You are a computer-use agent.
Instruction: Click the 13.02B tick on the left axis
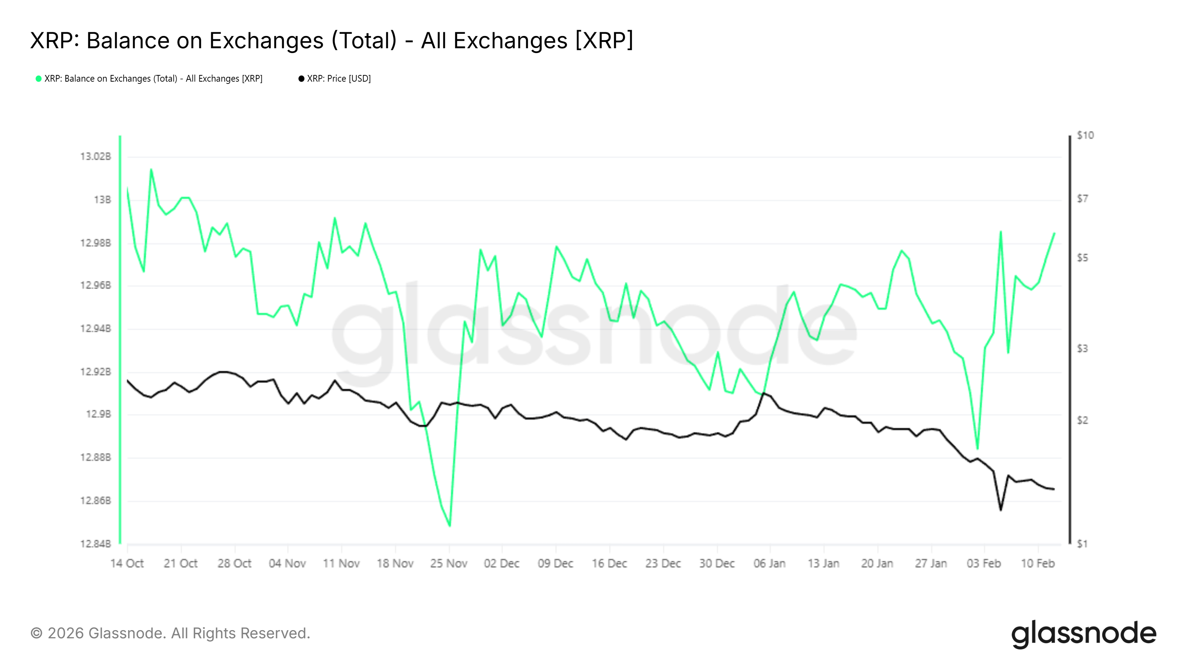(x=96, y=157)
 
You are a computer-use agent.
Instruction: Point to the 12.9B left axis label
(x=99, y=415)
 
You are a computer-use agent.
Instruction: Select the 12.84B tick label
(x=96, y=544)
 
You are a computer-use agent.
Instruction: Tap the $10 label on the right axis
(x=1085, y=135)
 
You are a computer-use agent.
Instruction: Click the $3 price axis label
(x=1082, y=348)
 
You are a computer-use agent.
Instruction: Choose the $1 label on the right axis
(x=1082, y=544)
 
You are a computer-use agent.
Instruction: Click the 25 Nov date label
(x=449, y=563)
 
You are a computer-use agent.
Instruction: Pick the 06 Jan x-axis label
(x=770, y=563)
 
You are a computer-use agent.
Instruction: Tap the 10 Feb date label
(x=1038, y=563)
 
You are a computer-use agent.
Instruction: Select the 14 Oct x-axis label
(x=127, y=563)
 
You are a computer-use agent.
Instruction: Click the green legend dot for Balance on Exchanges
(x=39, y=79)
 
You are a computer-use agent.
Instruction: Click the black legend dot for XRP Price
(x=301, y=79)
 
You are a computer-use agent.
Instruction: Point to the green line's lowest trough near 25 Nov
(x=450, y=526)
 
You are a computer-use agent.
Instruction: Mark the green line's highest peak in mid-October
(x=151, y=169)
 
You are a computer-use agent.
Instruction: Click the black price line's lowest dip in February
(x=1000, y=510)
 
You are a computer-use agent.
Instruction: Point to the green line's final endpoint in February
(x=1054, y=233)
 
